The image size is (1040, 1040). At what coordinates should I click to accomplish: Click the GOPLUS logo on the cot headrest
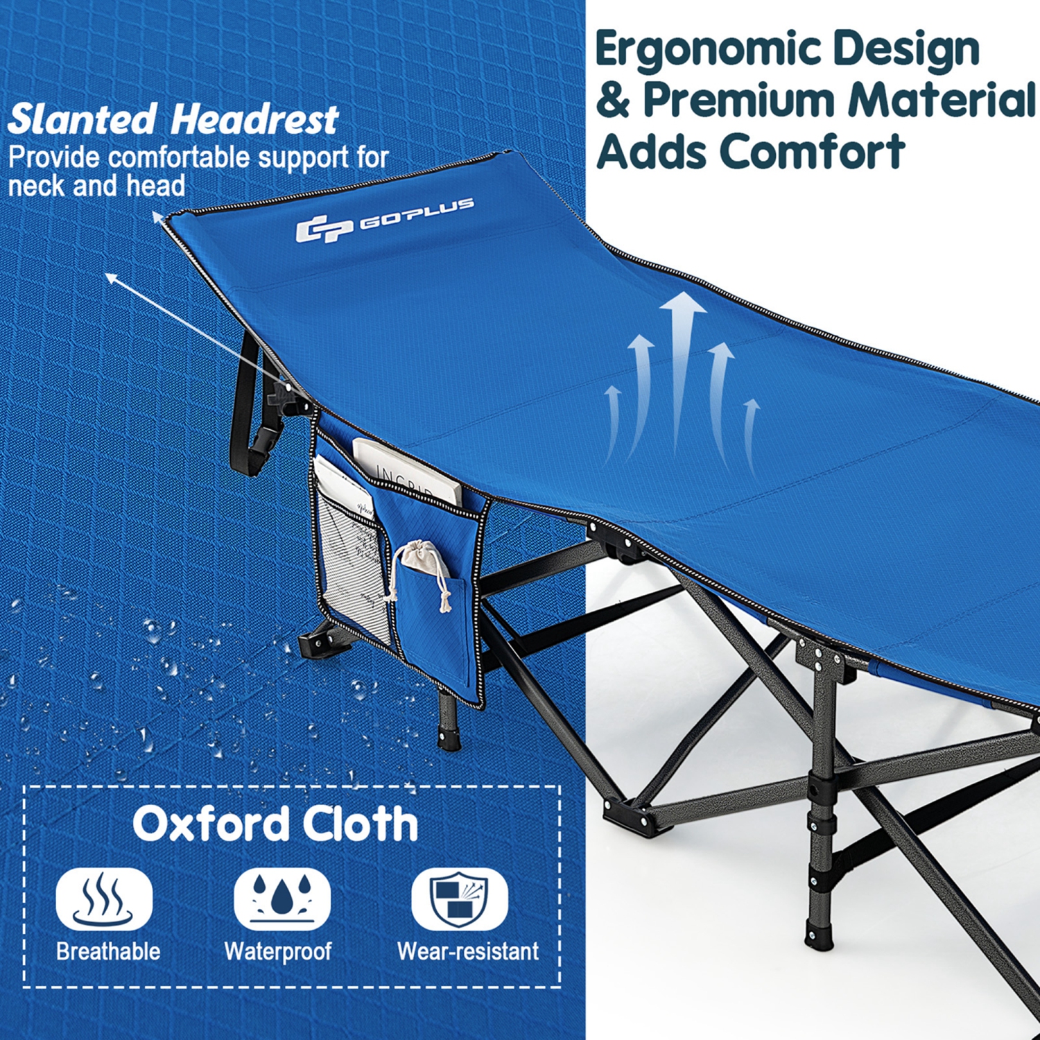[x=385, y=220]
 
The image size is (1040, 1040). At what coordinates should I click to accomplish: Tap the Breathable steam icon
[x=104, y=899]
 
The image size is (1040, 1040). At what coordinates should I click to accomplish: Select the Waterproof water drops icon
[x=281, y=899]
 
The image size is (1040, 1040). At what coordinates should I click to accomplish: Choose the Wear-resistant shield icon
[x=459, y=899]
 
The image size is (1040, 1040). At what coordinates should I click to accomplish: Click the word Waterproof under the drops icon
[x=278, y=951]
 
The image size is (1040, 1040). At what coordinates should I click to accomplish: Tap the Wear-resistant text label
[x=468, y=951]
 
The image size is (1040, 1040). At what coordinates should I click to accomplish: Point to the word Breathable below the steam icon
[x=108, y=951]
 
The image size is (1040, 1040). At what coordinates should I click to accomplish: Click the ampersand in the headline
[x=613, y=100]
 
